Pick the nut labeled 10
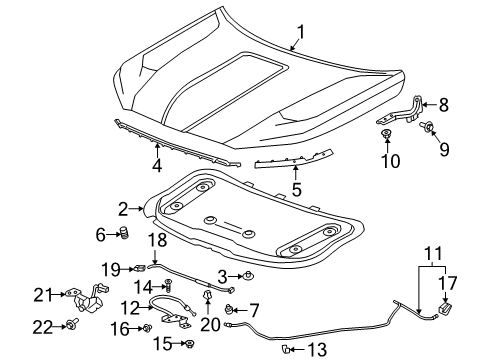(x=385, y=133)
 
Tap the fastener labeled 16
(x=147, y=327)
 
